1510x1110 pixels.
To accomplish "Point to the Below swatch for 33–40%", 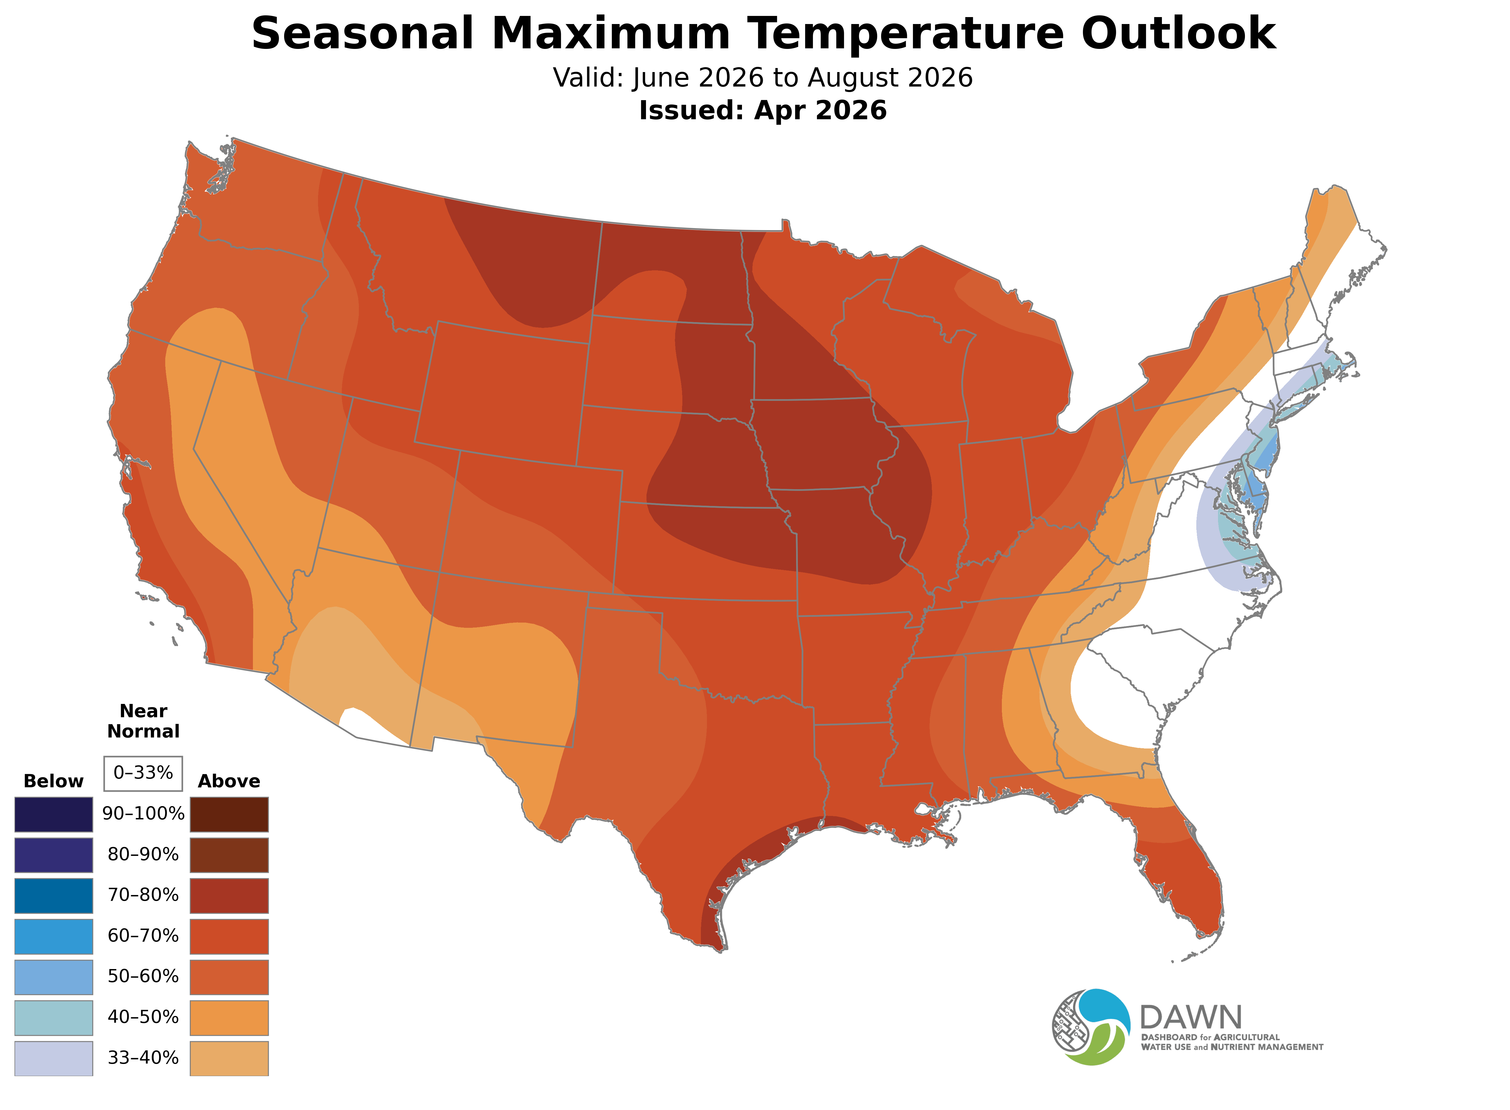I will tap(54, 1058).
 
